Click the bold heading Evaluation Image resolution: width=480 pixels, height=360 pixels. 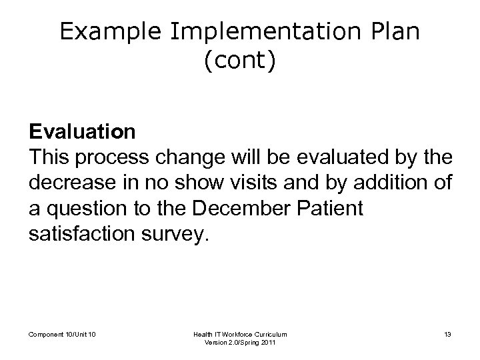(82, 132)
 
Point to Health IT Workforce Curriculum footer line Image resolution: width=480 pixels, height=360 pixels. (241, 333)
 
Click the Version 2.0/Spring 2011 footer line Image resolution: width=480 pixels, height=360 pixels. (241, 343)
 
